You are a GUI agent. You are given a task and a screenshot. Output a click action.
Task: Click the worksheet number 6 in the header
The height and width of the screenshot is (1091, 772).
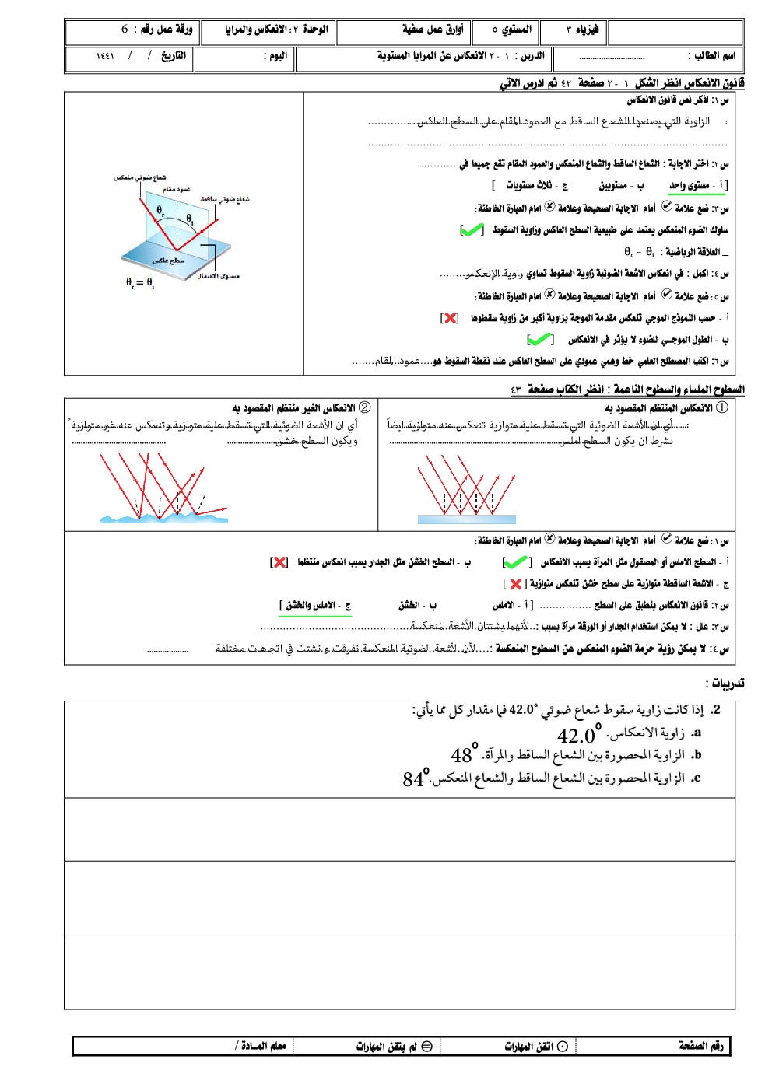pyautogui.click(x=125, y=30)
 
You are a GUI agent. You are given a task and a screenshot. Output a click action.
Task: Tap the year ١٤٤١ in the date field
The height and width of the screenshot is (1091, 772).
pyautogui.click(x=105, y=56)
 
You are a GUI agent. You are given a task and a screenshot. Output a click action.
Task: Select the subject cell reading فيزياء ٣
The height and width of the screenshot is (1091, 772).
pyautogui.click(x=582, y=30)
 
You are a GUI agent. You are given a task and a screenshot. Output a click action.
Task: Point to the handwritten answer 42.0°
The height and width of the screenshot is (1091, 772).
pyautogui.click(x=579, y=734)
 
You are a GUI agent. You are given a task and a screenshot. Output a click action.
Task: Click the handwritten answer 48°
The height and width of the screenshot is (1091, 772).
pyautogui.click(x=464, y=754)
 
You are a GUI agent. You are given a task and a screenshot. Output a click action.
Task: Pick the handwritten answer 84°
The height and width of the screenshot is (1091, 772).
pyautogui.click(x=416, y=778)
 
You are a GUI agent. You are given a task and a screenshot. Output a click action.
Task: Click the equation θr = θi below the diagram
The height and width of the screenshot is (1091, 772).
pyautogui.click(x=140, y=283)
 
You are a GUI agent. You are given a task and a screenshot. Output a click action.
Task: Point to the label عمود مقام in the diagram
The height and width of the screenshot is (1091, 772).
pyautogui.click(x=177, y=189)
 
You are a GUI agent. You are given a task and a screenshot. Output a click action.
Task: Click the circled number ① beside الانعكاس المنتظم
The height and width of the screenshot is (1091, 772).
pyautogui.click(x=721, y=407)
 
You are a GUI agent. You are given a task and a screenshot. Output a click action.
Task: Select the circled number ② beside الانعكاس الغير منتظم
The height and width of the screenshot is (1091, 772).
pyautogui.click(x=364, y=407)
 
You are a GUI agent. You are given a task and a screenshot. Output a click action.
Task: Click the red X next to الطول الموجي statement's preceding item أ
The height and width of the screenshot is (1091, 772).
pyautogui.click(x=450, y=318)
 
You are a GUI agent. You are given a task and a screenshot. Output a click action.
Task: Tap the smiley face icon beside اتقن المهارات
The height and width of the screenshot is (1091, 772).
pyautogui.click(x=562, y=1047)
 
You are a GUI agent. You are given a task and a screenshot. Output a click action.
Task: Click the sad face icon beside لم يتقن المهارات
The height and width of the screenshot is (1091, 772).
pyautogui.click(x=426, y=1047)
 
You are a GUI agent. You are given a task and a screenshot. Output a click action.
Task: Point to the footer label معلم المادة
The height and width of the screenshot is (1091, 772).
pyautogui.click(x=261, y=1047)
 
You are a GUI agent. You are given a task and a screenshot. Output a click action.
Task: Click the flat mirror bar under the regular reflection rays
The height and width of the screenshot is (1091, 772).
pyautogui.click(x=467, y=519)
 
